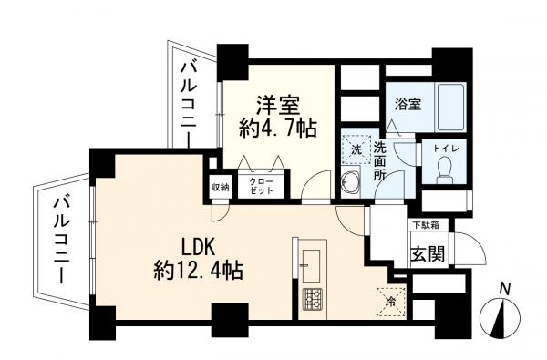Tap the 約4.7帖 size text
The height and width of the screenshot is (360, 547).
click(x=277, y=129)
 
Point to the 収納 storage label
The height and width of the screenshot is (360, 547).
click(x=221, y=188)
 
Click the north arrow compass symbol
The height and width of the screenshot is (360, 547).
click(x=504, y=321)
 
